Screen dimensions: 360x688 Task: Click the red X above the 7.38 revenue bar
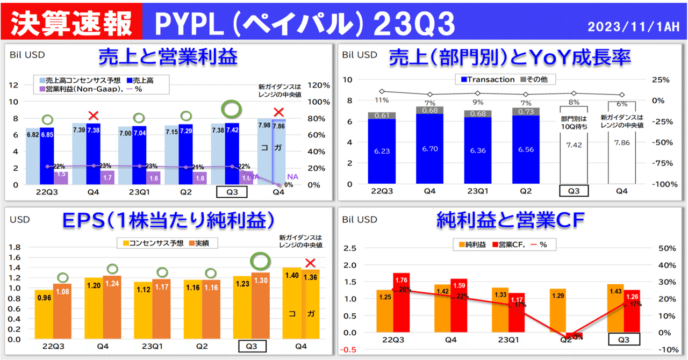[94, 115]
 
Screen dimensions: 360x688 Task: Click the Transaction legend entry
[486, 80]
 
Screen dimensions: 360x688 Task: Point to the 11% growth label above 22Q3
[382, 100]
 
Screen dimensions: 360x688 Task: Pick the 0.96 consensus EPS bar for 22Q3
[44, 314]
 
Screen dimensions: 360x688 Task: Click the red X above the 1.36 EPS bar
[310, 263]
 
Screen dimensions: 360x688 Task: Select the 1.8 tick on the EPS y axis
[15, 247]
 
